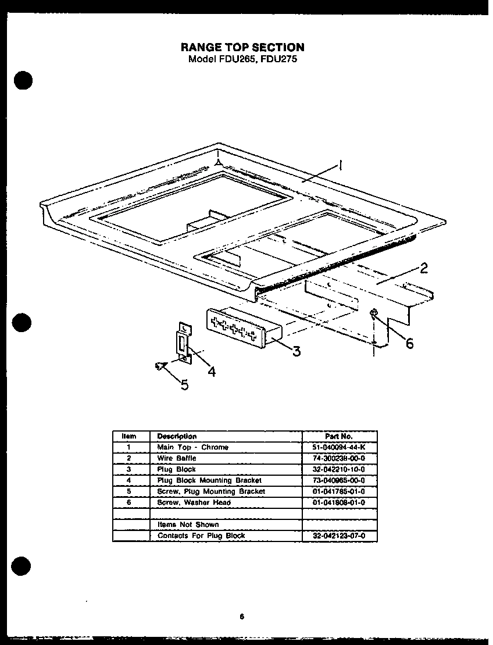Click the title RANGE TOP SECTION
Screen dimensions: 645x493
coord(242,47)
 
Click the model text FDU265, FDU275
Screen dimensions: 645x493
coord(242,59)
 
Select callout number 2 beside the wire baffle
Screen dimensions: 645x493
coord(424,268)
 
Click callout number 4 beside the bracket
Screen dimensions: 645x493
coord(212,370)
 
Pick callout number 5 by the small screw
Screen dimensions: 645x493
coord(184,385)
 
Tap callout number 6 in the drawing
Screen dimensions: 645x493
coord(409,344)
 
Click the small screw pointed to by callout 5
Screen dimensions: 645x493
coord(159,365)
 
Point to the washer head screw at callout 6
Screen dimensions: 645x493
coord(373,315)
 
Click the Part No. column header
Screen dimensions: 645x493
coord(340,436)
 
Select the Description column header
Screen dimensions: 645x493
coord(177,436)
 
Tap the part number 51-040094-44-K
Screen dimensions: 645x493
coord(340,447)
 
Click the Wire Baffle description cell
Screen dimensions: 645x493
coord(177,458)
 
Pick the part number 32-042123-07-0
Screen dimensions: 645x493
coord(340,536)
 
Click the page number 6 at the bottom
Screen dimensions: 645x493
coord(241,618)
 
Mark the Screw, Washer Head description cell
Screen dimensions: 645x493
coord(194,503)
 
